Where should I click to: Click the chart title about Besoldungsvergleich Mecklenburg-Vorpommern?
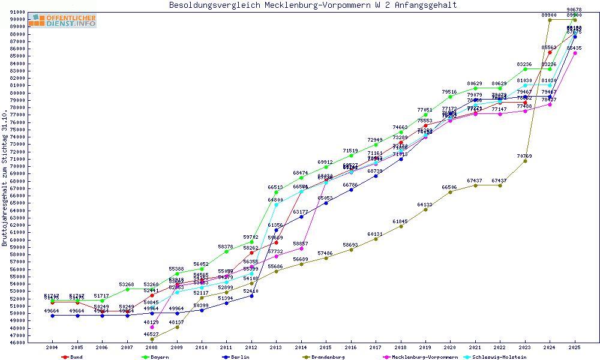pyautogui.click(x=313, y=5)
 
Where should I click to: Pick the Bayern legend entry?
pyautogui.click(x=159, y=357)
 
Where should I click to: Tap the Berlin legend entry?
pyautogui.click(x=239, y=357)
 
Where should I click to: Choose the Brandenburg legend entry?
pyautogui.click(x=327, y=357)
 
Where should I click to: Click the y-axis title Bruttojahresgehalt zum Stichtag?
pyautogui.click(x=5, y=178)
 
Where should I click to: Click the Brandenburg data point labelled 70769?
pyautogui.click(x=525, y=161)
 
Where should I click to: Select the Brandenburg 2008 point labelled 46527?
pyautogui.click(x=152, y=339)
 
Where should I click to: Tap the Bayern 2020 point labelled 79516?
pyautogui.click(x=450, y=97)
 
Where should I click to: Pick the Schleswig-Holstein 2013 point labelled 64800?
pyautogui.click(x=276, y=205)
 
